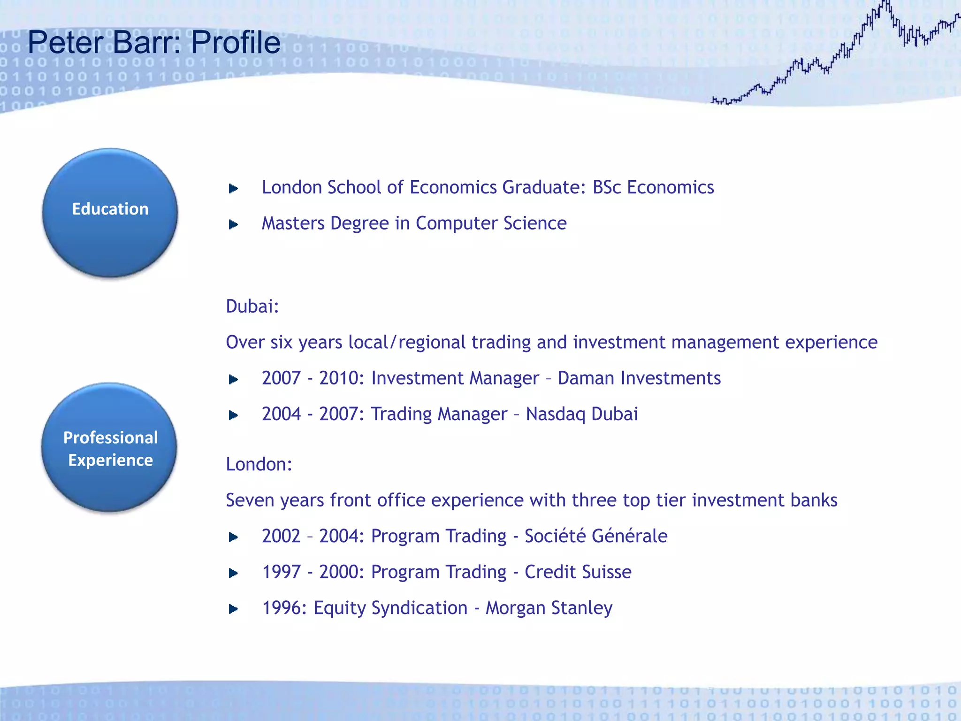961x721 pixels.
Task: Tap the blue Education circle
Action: pyautogui.click(x=110, y=213)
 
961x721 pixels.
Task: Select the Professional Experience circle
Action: pyautogui.click(x=109, y=447)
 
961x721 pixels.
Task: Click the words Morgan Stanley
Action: pyautogui.click(x=549, y=608)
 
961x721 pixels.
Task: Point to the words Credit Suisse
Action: pyautogui.click(x=578, y=572)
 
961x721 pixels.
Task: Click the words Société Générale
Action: pyautogui.click(x=595, y=536)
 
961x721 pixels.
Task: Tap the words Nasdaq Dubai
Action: pyautogui.click(x=581, y=414)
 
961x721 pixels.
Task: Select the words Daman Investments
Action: pyautogui.click(x=639, y=378)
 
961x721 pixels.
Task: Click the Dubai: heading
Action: pyautogui.click(x=252, y=307)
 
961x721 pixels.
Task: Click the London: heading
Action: pyautogui.click(x=259, y=464)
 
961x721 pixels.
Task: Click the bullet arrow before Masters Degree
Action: pyautogui.click(x=233, y=225)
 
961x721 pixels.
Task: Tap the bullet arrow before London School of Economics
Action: pyautogui.click(x=233, y=189)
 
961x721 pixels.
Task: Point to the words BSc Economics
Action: pyautogui.click(x=653, y=187)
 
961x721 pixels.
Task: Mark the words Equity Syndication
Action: pyautogui.click(x=390, y=608)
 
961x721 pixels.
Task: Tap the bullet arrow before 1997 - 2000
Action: pyautogui.click(x=233, y=573)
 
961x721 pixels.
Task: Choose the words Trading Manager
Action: pyautogui.click(x=439, y=414)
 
